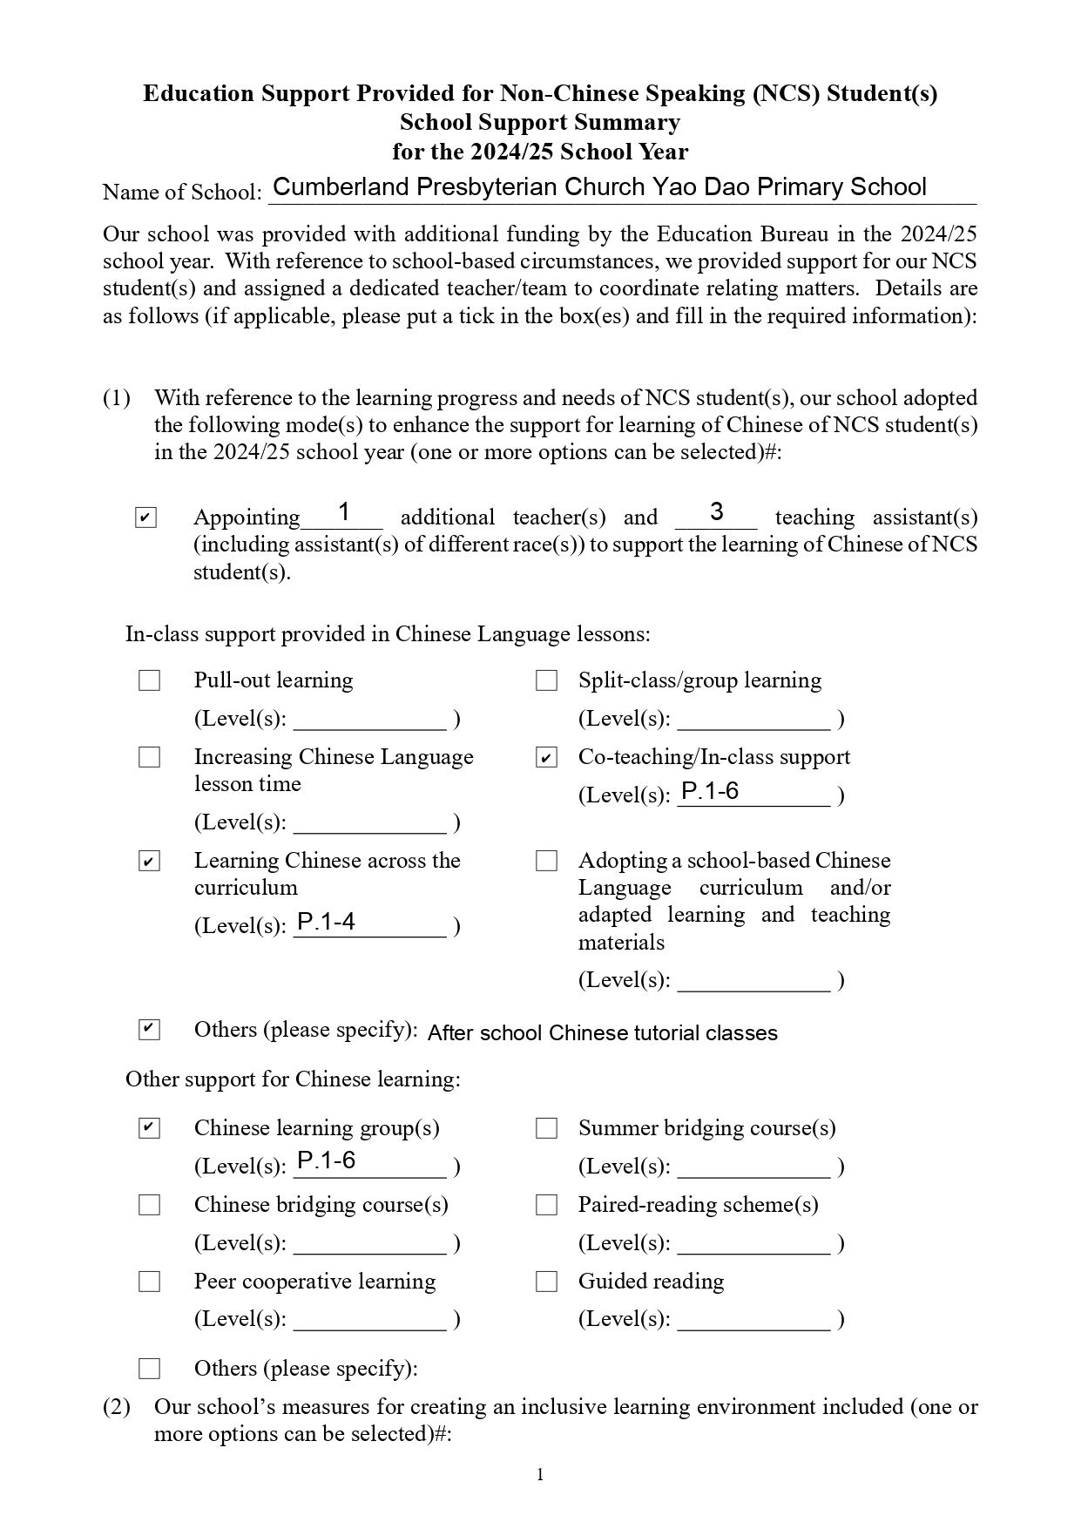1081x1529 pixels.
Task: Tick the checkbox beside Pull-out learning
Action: point(150,680)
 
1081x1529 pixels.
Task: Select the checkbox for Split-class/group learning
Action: point(546,680)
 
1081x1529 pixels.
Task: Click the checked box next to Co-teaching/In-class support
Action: point(546,758)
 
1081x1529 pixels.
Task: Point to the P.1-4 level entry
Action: point(327,922)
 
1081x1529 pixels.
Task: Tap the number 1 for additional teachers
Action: point(344,512)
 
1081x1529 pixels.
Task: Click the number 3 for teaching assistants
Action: point(716,512)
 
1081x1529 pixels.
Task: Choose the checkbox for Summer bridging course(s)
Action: point(546,1128)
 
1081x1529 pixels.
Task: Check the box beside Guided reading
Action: point(546,1282)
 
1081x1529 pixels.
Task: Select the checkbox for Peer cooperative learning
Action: point(150,1282)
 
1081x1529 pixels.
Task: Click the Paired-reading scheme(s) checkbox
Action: point(546,1205)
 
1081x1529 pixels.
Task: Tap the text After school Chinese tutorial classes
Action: point(602,1033)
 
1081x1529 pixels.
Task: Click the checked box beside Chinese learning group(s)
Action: point(150,1128)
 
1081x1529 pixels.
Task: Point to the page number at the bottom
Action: point(540,1474)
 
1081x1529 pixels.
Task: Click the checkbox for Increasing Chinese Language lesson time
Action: point(150,758)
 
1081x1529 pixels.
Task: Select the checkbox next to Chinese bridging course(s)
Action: point(150,1205)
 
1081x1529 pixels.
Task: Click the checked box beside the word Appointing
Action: point(145,518)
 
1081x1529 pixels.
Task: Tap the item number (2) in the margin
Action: point(117,1406)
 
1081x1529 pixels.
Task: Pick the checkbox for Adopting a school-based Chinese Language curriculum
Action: point(546,861)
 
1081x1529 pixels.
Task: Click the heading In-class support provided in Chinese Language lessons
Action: point(388,634)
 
